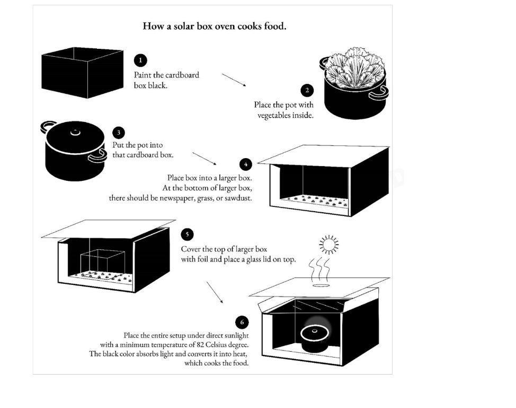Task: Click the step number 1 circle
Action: (x=140, y=60)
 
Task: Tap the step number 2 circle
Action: (x=307, y=90)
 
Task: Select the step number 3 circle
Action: (x=119, y=133)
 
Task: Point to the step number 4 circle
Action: (x=245, y=164)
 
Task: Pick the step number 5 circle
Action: (x=187, y=235)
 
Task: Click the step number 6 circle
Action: (x=242, y=322)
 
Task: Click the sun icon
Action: (x=329, y=245)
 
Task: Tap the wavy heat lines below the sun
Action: (x=319, y=270)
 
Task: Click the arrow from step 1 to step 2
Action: (x=234, y=80)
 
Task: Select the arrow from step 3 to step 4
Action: (x=204, y=159)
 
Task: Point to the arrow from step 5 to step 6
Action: (x=215, y=292)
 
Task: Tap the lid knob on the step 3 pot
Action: (x=75, y=132)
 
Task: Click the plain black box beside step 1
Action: (x=82, y=73)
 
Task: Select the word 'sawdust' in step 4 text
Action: (x=239, y=198)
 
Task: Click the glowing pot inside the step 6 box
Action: (x=314, y=335)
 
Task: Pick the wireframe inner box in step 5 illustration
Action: (x=102, y=262)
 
